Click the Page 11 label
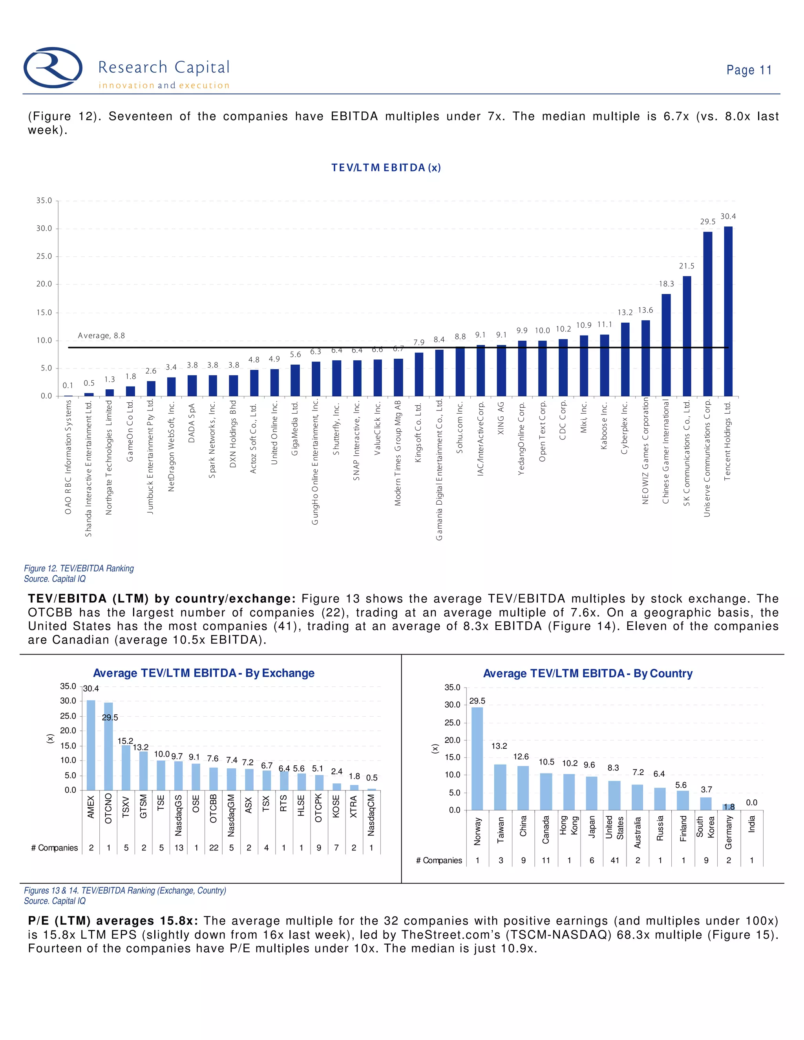pyautogui.click(x=748, y=70)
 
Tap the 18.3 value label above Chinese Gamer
pyautogui.click(x=666, y=284)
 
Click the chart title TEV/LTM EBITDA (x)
pyautogui.click(x=386, y=168)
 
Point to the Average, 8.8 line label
pyautogui.click(x=101, y=336)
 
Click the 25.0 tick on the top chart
pyautogui.click(x=44, y=256)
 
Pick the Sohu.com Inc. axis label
pyautogui.click(x=460, y=428)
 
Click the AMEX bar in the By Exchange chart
pyautogui.click(x=91, y=745)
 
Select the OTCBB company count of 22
pyautogui.click(x=214, y=848)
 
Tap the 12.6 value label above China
pyautogui.click(x=521, y=757)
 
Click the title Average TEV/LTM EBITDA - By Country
pyautogui.click(x=587, y=673)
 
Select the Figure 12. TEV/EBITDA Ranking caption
pyautogui.click(x=79, y=568)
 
